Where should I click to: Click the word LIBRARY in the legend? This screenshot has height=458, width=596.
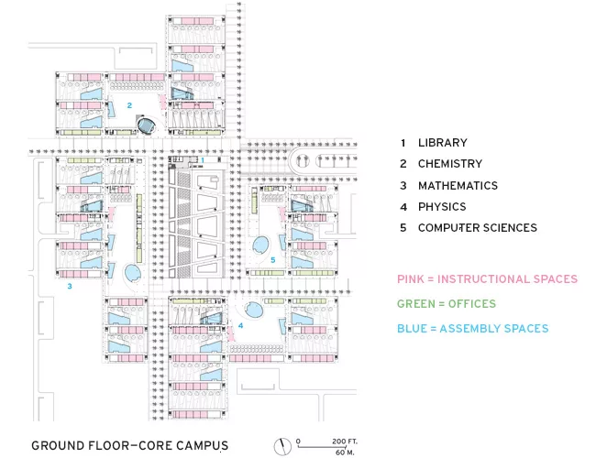tap(443, 143)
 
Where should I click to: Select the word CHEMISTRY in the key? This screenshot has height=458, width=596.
tap(450, 164)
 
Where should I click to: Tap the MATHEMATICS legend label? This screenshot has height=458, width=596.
tap(458, 186)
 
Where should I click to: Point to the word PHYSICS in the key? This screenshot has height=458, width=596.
tap(442, 207)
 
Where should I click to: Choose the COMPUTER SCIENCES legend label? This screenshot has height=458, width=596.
tap(478, 228)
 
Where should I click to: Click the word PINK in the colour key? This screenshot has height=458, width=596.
tap(411, 279)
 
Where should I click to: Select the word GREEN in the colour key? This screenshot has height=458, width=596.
tap(415, 304)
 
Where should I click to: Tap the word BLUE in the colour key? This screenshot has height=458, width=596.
tap(412, 329)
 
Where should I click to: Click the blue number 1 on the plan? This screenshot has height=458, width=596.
tap(203, 160)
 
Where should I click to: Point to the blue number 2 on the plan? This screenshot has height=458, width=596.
tap(129, 105)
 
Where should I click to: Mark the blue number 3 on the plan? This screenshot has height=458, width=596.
tap(70, 286)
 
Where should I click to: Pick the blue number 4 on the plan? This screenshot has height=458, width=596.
tap(240, 325)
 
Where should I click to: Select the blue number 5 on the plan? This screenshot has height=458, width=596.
tap(273, 260)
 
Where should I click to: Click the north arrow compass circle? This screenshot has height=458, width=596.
tap(282, 447)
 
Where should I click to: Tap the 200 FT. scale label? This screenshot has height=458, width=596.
tap(345, 442)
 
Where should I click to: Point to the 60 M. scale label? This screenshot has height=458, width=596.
tap(345, 453)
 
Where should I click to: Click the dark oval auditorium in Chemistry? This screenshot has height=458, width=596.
tap(146, 125)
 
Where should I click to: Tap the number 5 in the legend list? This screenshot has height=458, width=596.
tap(403, 228)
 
